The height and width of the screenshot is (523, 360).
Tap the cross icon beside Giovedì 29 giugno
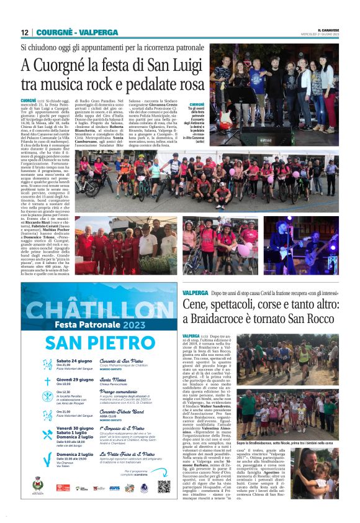click(x=47, y=382)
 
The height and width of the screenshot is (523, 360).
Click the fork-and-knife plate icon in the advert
click(x=47, y=397)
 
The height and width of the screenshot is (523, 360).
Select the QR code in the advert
click(x=163, y=487)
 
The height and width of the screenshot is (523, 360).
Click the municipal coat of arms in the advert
click(x=38, y=484)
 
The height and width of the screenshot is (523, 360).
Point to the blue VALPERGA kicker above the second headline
click(x=194, y=292)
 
